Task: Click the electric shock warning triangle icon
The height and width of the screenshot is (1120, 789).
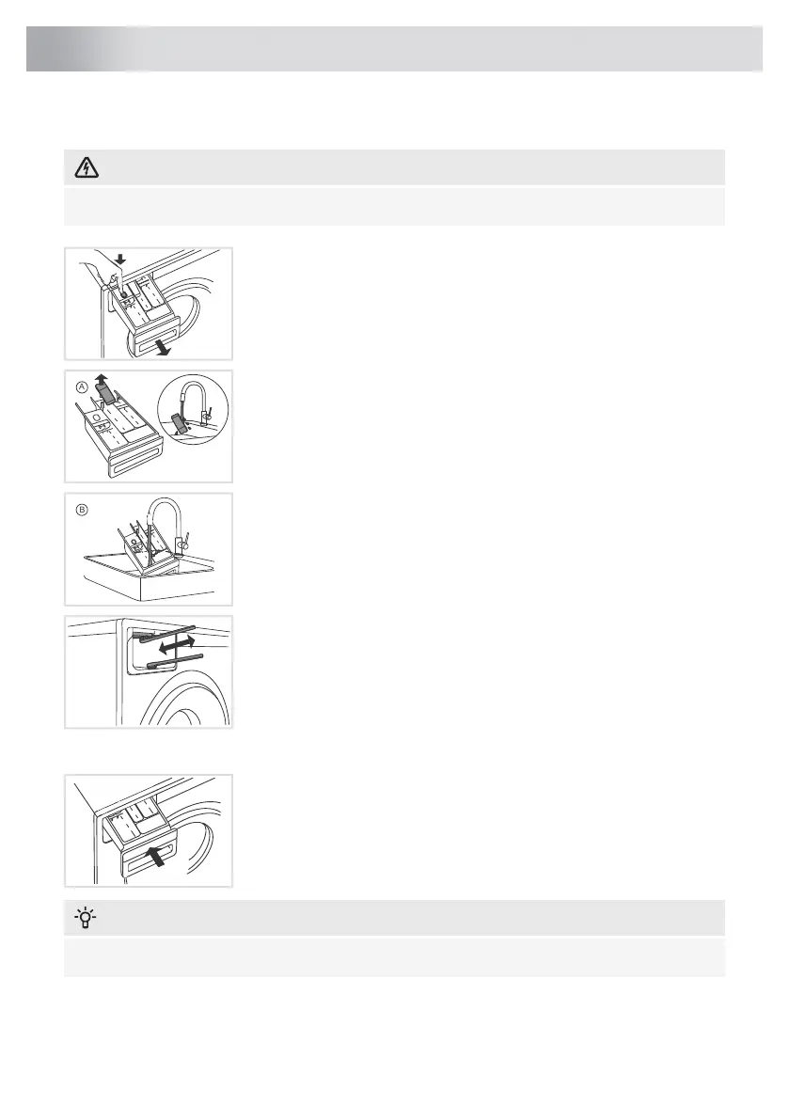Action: pyautogui.click(x=87, y=167)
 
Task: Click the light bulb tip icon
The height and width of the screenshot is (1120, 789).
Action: pyautogui.click(x=86, y=917)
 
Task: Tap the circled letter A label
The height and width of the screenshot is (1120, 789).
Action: pyautogui.click(x=82, y=386)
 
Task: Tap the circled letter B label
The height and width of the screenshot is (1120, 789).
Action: pyautogui.click(x=82, y=510)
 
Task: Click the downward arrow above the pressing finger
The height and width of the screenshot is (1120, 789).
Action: pyautogui.click(x=120, y=259)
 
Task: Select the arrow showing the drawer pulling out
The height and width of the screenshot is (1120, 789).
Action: pyautogui.click(x=165, y=348)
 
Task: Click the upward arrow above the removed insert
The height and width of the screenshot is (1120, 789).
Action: pyautogui.click(x=102, y=378)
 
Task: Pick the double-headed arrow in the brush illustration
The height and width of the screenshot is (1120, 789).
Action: pyautogui.click(x=177, y=646)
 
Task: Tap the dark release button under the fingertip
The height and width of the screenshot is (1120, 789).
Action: pyautogui.click(x=123, y=293)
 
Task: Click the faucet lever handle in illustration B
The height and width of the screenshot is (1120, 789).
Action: pyautogui.click(x=185, y=543)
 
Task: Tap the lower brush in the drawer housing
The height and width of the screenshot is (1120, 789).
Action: pyautogui.click(x=174, y=660)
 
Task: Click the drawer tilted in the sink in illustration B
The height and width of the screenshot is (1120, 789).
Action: pyautogui.click(x=144, y=549)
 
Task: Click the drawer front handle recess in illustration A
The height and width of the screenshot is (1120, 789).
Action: pyautogui.click(x=135, y=461)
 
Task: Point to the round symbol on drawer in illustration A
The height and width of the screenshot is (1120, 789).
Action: pyautogui.click(x=96, y=416)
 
